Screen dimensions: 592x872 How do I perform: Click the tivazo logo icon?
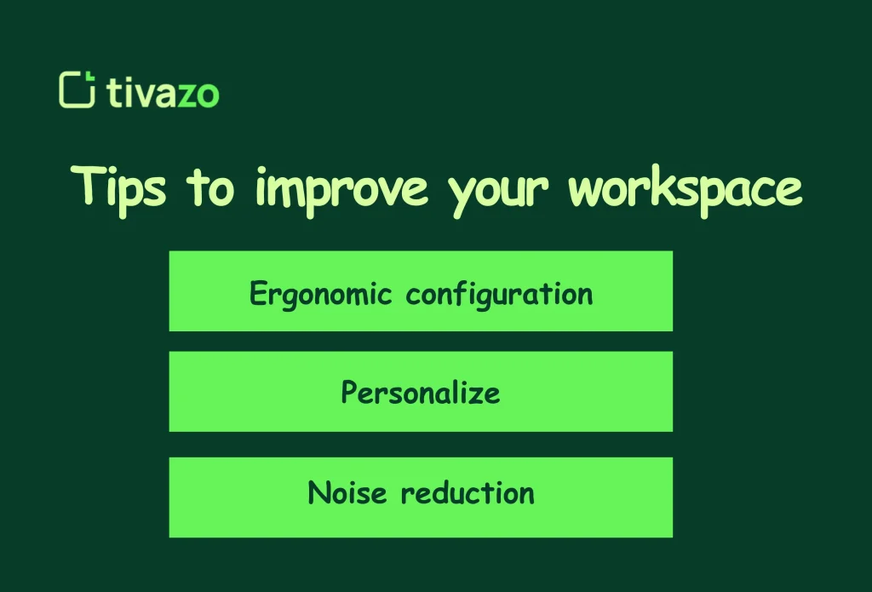(76, 90)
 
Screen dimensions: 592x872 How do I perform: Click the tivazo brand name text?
(163, 92)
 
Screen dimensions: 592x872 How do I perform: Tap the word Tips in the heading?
(118, 187)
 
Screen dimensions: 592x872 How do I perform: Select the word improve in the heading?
(341, 189)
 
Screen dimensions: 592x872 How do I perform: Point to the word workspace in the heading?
(685, 189)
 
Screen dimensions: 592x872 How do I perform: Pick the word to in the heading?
(210, 188)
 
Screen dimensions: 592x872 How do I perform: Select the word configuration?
(499, 294)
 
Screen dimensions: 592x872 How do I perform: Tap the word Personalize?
(421, 393)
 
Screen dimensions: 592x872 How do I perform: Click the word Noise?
(347, 492)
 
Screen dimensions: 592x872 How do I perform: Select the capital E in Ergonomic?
(258, 293)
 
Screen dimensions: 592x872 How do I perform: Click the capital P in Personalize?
(349, 392)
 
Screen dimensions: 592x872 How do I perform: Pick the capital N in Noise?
(318, 492)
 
